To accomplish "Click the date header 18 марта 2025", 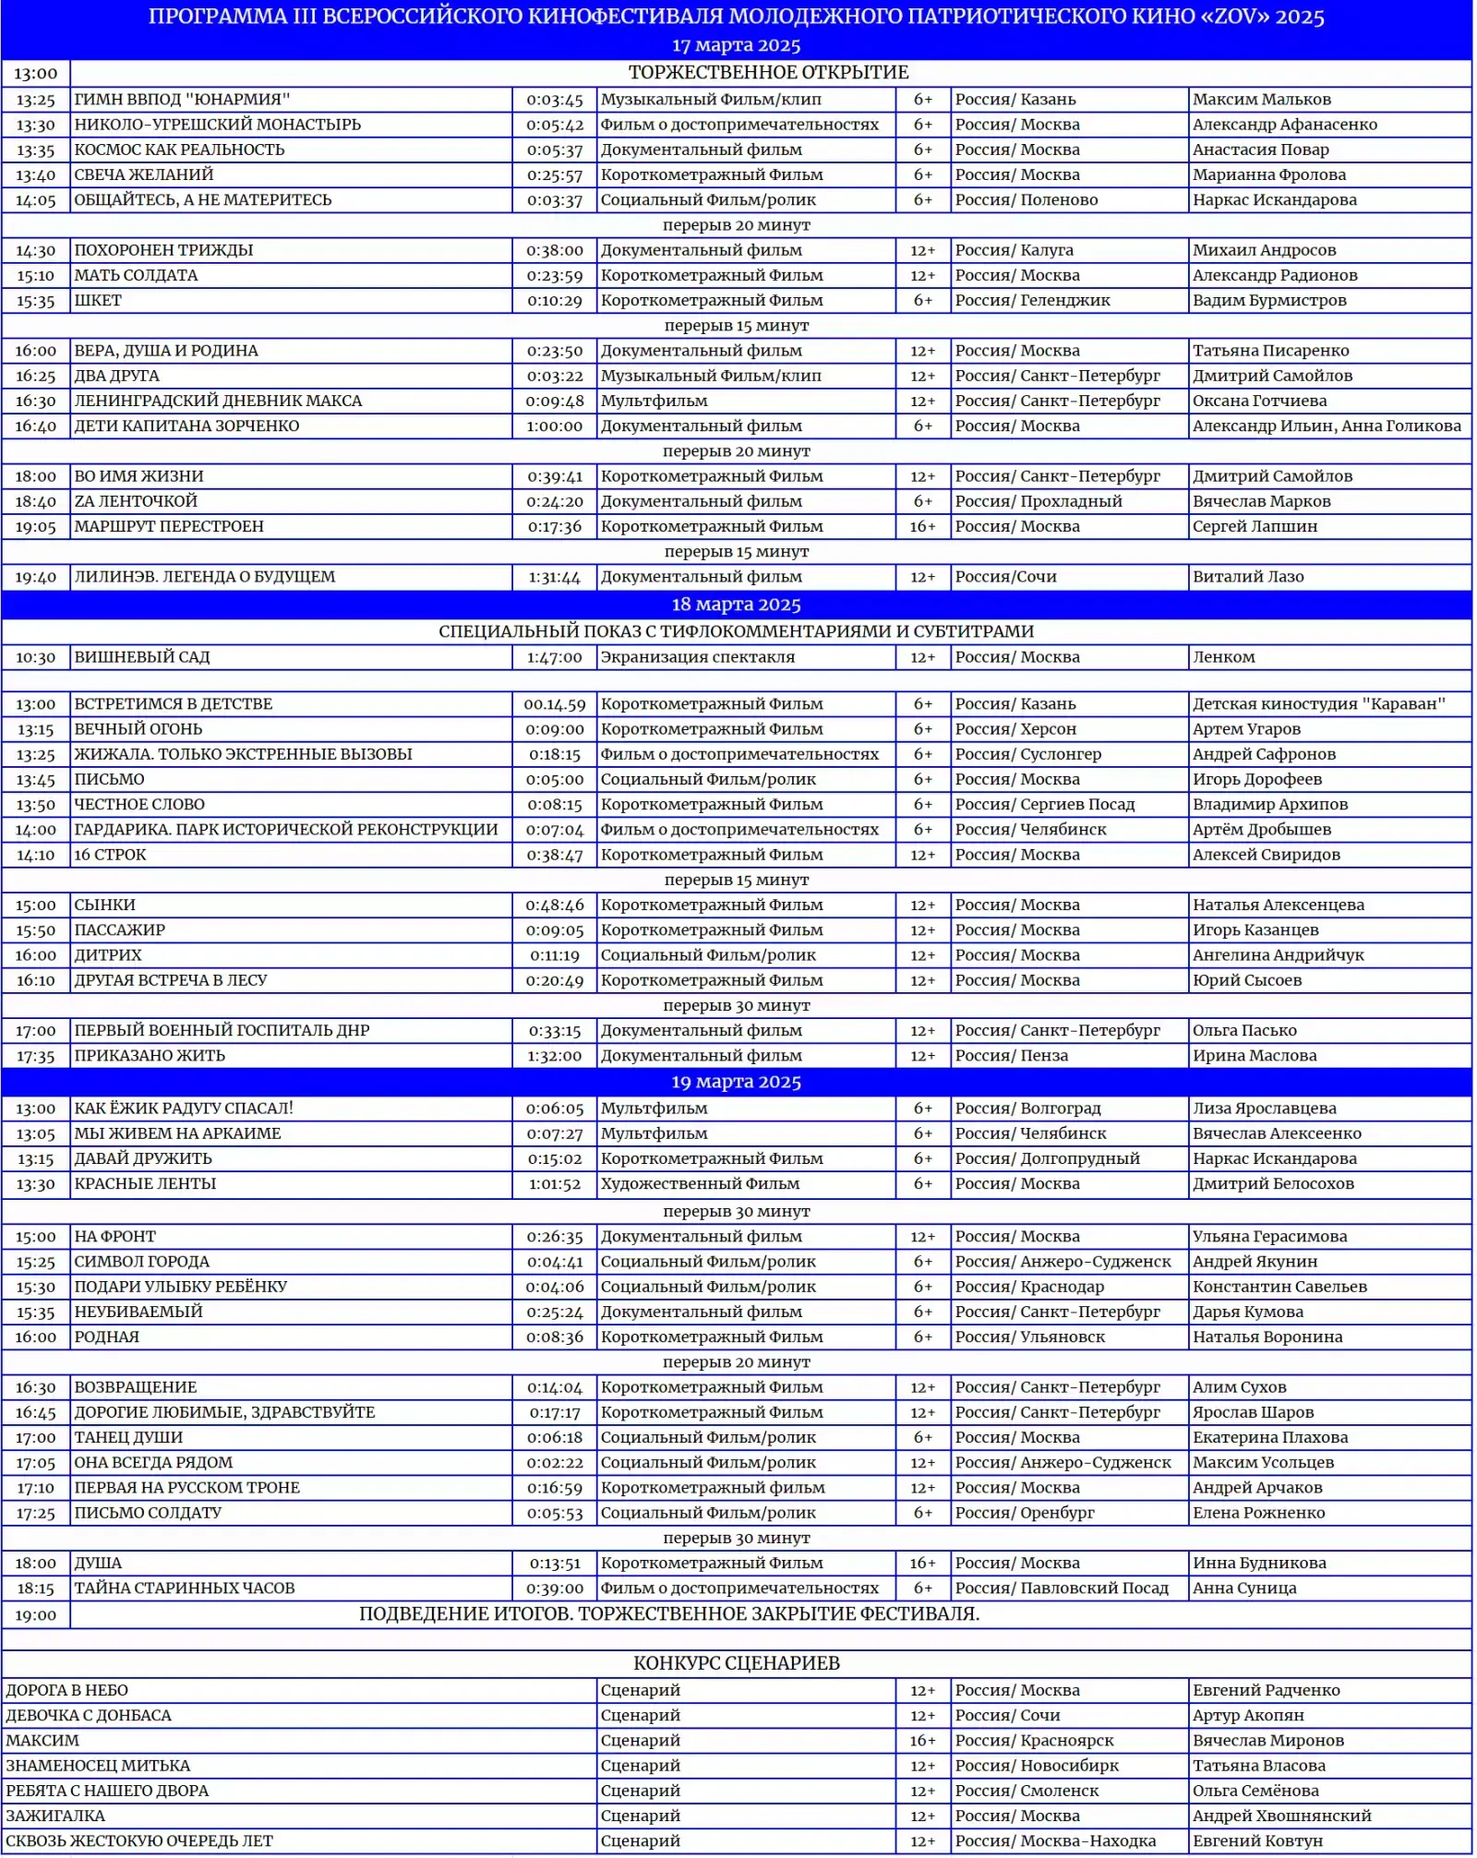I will [736, 605].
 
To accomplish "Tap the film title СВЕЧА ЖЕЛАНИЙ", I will [144, 174].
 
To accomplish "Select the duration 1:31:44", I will [554, 577].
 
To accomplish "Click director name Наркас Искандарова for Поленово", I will [1274, 199].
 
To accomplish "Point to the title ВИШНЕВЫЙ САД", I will [142, 657].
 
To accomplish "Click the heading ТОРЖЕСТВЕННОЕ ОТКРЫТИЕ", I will [768, 72].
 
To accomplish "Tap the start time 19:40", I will [35, 577].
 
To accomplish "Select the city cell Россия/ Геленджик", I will [1032, 300].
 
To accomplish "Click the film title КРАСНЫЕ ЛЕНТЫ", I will [145, 1183].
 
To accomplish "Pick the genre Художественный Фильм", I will [700, 1183].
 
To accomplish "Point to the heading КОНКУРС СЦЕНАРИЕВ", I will [736, 1662].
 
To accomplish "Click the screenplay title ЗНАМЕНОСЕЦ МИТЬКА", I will [98, 1765].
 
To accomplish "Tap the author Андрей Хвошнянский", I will [1281, 1815].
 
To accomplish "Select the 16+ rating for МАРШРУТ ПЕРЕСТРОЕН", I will [922, 526].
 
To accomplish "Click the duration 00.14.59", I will [554, 704].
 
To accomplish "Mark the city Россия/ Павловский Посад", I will [1062, 1588].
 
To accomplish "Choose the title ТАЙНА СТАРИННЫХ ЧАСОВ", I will [185, 1588].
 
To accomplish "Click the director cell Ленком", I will [1223, 657].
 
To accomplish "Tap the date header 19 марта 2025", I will [736, 1082].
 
